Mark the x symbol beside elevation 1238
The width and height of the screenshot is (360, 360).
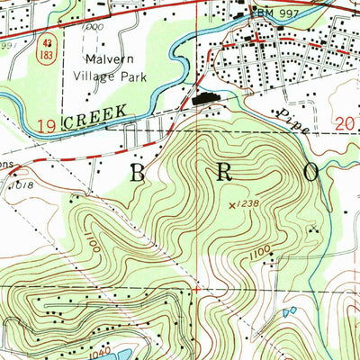[x=231, y=205]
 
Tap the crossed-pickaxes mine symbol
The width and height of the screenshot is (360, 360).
[x=312, y=230]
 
